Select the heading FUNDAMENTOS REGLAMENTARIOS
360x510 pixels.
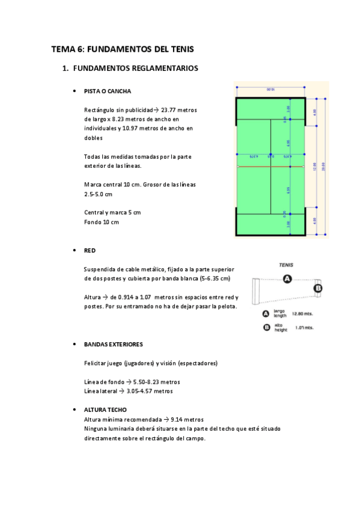pyautogui.click(x=135, y=69)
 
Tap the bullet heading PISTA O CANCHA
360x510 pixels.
pyautogui.click(x=108, y=91)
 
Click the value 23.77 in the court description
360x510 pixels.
pyautogui.click(x=168, y=110)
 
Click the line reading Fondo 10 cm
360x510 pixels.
pyautogui.click(x=102, y=222)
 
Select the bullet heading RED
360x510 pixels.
pyautogui.click(x=90, y=250)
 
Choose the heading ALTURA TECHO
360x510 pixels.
pyautogui.click(x=105, y=410)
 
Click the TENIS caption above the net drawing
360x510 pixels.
pyautogui.click(x=286, y=265)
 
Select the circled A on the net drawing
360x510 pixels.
pyautogui.click(x=287, y=278)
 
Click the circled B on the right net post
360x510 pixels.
pyautogui.click(x=319, y=289)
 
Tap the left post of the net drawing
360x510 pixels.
pyautogui.click(x=255, y=291)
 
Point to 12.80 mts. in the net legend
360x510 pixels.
pyautogui.click(x=302, y=313)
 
